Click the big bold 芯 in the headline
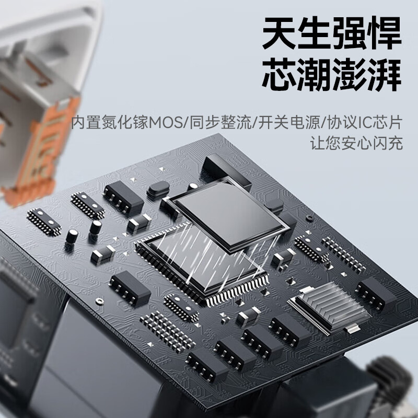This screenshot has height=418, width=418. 279,75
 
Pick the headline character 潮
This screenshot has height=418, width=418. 315,75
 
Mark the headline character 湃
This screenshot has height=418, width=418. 385,75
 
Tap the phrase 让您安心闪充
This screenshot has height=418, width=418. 356,143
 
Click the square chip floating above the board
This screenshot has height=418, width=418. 229,213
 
